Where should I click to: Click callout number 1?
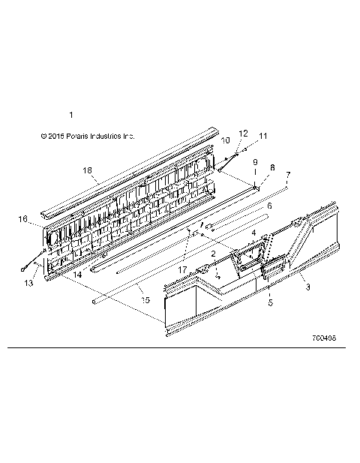coord(71,115)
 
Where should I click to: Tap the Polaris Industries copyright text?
coord(88,137)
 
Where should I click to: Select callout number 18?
coord(88,171)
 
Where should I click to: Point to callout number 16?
coord(22,219)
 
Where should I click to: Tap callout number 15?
coord(145,299)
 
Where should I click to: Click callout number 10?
coord(225,140)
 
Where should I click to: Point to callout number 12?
coord(243,133)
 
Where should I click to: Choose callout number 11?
coord(262,137)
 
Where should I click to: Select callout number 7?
coord(288,175)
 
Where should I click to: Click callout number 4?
coord(253,233)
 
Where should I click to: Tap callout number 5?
coord(270,304)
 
